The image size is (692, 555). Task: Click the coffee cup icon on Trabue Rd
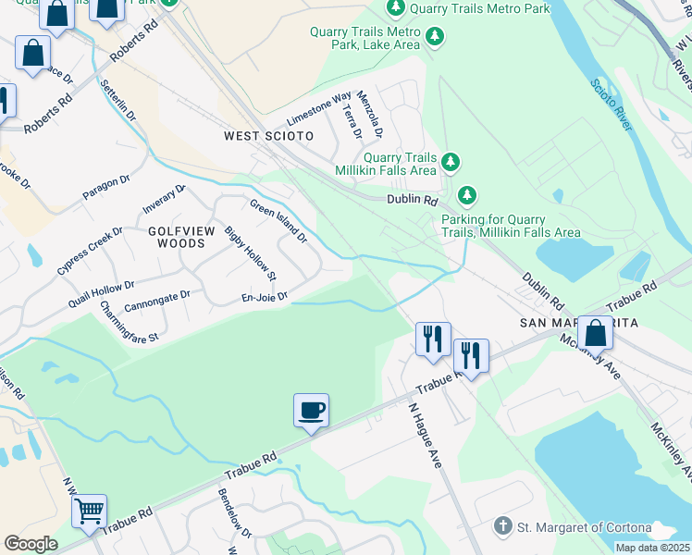point(311,410)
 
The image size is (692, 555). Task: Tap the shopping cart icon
point(89,511)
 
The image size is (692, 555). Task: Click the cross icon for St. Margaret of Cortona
point(502,526)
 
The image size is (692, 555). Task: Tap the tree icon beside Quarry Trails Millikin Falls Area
point(451,163)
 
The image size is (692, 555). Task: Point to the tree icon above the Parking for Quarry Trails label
point(467,195)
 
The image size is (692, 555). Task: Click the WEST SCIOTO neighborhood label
point(268,136)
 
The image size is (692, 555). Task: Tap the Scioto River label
point(611,105)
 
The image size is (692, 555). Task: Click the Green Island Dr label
point(278,220)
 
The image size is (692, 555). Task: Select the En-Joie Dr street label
point(265,297)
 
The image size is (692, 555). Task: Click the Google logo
point(31,544)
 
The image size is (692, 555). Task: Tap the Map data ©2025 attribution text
point(652,548)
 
